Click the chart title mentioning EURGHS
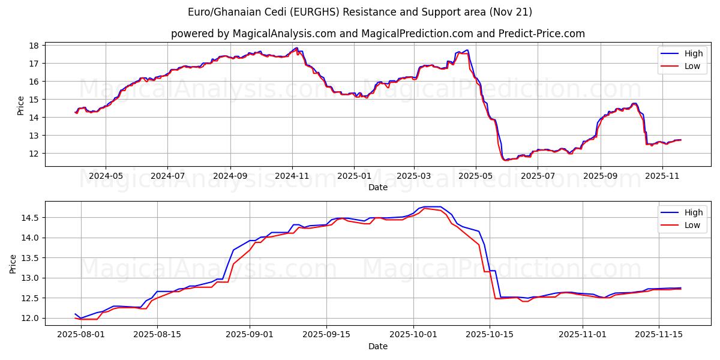(360, 12)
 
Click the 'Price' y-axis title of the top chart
(21, 106)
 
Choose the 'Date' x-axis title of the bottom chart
(378, 346)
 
